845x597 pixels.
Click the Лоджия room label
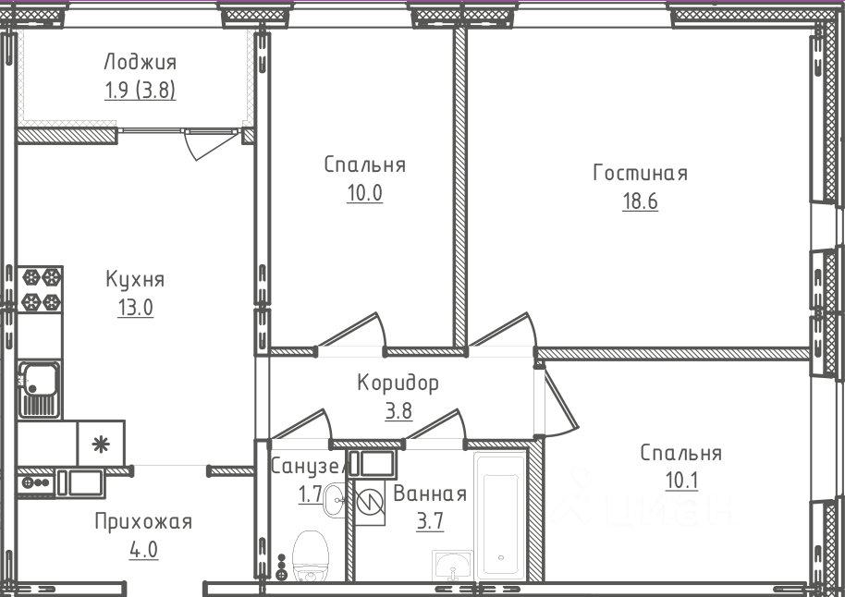[141, 63]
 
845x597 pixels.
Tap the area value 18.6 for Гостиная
[640, 201]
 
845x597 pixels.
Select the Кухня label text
[135, 280]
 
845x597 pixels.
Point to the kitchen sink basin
[39, 379]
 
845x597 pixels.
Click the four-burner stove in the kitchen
[40, 290]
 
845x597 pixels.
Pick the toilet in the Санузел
[310, 556]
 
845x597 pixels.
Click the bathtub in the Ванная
[500, 516]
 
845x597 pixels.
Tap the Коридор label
[398, 384]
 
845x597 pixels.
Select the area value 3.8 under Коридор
[398, 411]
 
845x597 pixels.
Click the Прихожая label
[143, 521]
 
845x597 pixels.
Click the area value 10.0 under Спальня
[365, 192]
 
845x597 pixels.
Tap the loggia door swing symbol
[211, 144]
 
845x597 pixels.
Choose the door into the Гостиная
[504, 330]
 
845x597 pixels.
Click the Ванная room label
[430, 493]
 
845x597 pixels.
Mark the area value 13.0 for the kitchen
[135, 308]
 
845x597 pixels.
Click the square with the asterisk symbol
[101, 444]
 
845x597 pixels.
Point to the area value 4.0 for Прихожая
[143, 550]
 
